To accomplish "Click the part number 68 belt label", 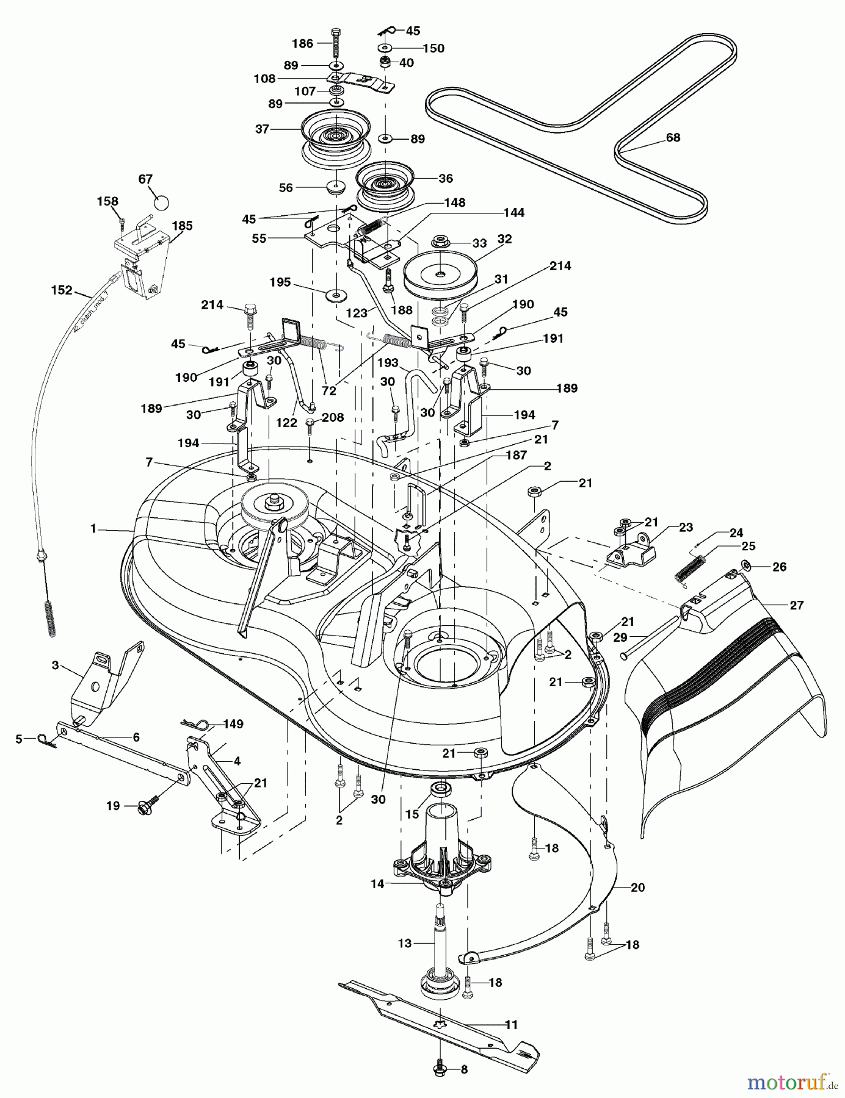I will [x=673, y=138].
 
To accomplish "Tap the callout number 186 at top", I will [x=303, y=44].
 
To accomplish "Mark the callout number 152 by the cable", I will [x=62, y=291].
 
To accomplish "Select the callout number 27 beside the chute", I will [x=796, y=605].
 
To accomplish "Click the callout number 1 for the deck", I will [x=93, y=529].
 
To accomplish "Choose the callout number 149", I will [x=233, y=724].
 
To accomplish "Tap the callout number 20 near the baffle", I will [x=637, y=888].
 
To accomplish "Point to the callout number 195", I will [x=281, y=283].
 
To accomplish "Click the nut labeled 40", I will [x=386, y=62].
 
